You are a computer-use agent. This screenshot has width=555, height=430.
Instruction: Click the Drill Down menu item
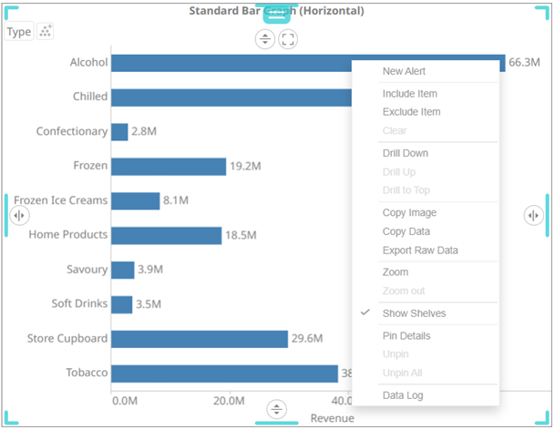coord(405,153)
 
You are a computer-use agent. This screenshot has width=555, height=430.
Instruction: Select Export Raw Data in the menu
coord(420,250)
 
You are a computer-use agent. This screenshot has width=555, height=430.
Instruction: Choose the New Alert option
coord(404,71)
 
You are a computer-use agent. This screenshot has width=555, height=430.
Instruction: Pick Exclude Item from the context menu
coord(411,112)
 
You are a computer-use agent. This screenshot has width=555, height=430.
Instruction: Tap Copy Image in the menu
coord(409,212)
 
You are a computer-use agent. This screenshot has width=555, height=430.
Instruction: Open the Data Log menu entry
coord(403,395)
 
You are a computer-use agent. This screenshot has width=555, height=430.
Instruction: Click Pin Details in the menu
coord(406,335)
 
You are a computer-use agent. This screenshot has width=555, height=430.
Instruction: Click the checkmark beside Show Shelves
coord(365,312)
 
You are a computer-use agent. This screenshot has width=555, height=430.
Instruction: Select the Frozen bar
coord(168,166)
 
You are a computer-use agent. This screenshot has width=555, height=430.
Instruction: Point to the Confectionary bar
coord(119,131)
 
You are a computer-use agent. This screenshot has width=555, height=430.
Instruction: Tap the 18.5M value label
coord(241,235)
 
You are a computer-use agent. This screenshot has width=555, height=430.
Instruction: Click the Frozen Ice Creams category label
coord(60,200)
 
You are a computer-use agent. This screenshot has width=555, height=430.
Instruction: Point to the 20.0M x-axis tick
coord(228,401)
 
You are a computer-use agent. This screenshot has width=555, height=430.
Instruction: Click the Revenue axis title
coord(332,418)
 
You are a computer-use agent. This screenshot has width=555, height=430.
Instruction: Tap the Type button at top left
coord(18,32)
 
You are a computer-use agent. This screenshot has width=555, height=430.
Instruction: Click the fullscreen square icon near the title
coord(288,39)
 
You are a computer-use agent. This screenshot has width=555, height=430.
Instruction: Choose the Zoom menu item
coord(396,271)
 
